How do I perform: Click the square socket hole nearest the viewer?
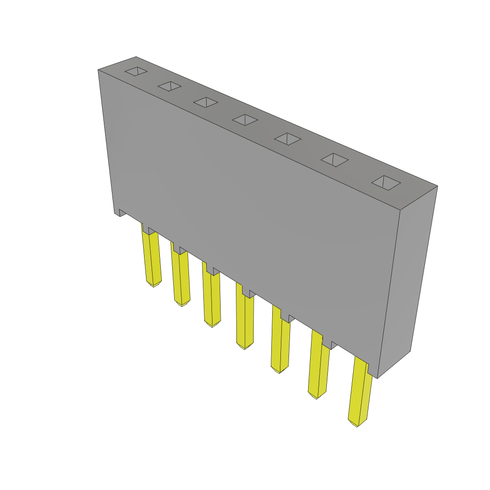[386, 182]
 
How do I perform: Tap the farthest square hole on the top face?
[136, 71]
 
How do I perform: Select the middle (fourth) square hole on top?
[245, 120]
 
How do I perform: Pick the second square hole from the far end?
[169, 86]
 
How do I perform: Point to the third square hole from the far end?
[206, 102]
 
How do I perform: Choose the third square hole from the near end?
[288, 139]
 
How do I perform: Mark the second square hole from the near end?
[334, 160]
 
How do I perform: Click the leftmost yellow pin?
[153, 258]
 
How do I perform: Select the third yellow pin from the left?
[211, 299]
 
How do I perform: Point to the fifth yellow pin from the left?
[280, 342]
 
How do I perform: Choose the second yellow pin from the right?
[319, 366]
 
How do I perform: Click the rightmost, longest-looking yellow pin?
[360, 392]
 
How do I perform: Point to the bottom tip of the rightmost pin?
[357, 424]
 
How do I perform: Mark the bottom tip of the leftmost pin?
[154, 285]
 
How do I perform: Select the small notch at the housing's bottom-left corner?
[122, 212]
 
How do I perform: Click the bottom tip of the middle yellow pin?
[245, 347]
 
